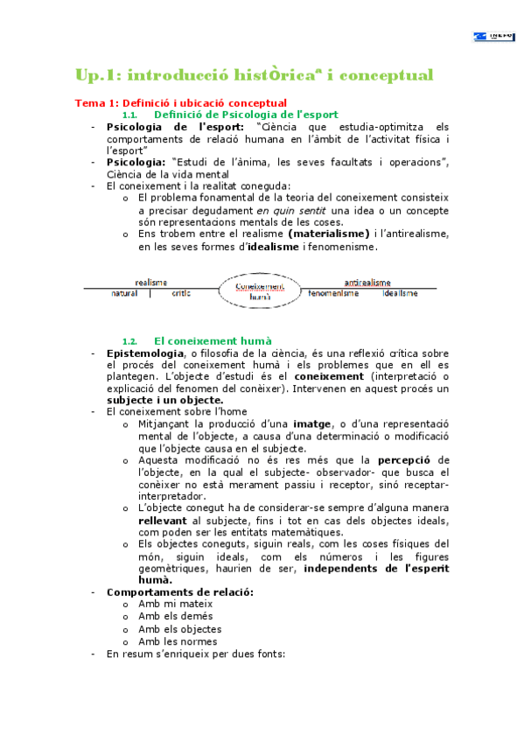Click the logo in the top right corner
tap(493, 37)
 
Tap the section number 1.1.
tap(130, 115)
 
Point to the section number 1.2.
tap(130, 341)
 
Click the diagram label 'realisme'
tap(151, 282)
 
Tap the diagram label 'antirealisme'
tap(367, 282)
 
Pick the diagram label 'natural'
tap(124, 294)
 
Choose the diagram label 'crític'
tap(181, 294)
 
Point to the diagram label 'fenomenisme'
tap(333, 294)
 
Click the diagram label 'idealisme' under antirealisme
tap(402, 294)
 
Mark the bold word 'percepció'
tap(403, 459)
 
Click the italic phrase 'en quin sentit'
tap(288, 210)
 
